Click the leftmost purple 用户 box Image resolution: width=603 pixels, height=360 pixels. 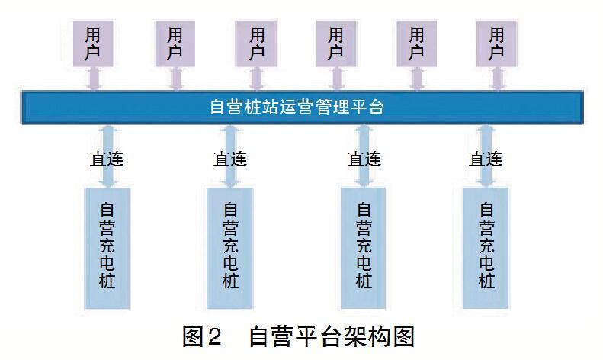[x=93, y=43]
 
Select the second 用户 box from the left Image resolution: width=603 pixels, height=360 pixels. [x=175, y=43]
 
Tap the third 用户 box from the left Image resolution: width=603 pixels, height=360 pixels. [x=256, y=43]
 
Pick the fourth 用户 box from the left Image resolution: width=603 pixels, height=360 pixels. [x=336, y=43]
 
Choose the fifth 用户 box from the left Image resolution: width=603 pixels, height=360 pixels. [x=416, y=43]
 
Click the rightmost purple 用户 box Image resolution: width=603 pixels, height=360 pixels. [x=496, y=43]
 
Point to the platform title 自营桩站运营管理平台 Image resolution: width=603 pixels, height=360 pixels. [x=297, y=107]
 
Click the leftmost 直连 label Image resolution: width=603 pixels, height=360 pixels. [x=107, y=159]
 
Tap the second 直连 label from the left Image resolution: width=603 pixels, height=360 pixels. [x=230, y=159]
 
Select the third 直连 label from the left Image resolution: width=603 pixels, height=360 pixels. [x=364, y=159]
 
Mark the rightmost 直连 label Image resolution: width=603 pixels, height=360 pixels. [x=486, y=159]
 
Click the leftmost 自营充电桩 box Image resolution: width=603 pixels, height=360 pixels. [x=107, y=248]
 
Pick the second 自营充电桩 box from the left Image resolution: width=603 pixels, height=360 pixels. [x=230, y=248]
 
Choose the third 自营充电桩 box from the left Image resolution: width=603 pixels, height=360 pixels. [x=364, y=248]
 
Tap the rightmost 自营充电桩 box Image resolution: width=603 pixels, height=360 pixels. [x=486, y=248]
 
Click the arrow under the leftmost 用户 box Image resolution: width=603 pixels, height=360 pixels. [x=95, y=79]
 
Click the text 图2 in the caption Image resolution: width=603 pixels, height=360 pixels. [x=202, y=336]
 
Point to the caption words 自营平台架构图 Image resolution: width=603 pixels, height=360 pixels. [x=332, y=336]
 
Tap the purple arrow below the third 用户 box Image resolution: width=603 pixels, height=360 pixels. [x=257, y=79]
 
